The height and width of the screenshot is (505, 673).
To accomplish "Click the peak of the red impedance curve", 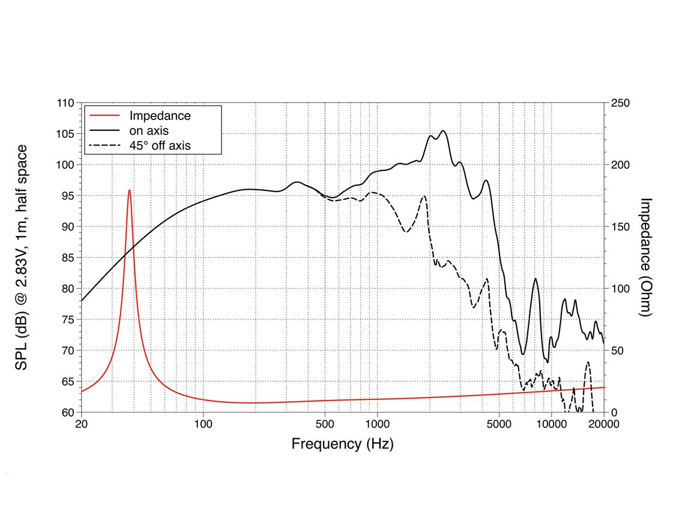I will point(129,190).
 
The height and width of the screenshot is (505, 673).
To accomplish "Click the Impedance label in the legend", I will point(160,116).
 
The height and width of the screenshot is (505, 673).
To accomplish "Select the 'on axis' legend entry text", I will point(149,130).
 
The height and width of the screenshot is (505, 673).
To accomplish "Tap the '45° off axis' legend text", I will point(160,145).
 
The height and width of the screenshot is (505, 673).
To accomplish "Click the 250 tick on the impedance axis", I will point(620,103).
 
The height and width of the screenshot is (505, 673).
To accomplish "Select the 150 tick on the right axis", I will point(620,227).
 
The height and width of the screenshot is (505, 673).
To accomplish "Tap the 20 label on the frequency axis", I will point(81,425).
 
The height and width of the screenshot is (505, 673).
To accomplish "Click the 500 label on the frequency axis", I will point(325,425).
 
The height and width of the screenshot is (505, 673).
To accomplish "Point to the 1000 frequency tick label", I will point(377,425).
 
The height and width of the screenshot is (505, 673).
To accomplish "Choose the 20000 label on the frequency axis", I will point(603,425).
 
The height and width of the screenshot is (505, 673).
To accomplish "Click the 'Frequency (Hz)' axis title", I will point(342,444).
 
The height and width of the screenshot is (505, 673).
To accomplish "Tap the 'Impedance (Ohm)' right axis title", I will point(646,257).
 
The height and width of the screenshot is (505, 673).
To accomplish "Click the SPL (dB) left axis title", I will point(22,257).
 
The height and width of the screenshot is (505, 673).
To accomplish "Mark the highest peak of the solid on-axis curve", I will point(443,131).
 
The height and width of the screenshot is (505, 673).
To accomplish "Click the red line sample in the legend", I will point(103,116).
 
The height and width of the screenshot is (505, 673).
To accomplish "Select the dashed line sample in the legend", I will point(103,145).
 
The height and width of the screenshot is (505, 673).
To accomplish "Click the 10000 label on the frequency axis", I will point(551,425).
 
